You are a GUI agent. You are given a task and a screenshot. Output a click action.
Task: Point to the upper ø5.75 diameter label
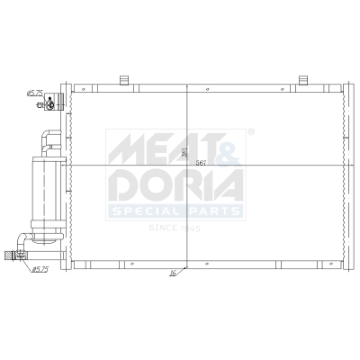35,92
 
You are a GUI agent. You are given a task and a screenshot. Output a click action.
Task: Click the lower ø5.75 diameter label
40,268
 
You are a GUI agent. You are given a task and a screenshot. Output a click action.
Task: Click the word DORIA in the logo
175,185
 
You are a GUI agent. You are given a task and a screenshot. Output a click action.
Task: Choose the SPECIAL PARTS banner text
175,211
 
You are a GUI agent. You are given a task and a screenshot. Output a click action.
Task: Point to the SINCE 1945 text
175,228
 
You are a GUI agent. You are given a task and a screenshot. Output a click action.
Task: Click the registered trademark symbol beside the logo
250,131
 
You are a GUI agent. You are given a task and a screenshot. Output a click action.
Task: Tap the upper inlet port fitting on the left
51,104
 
